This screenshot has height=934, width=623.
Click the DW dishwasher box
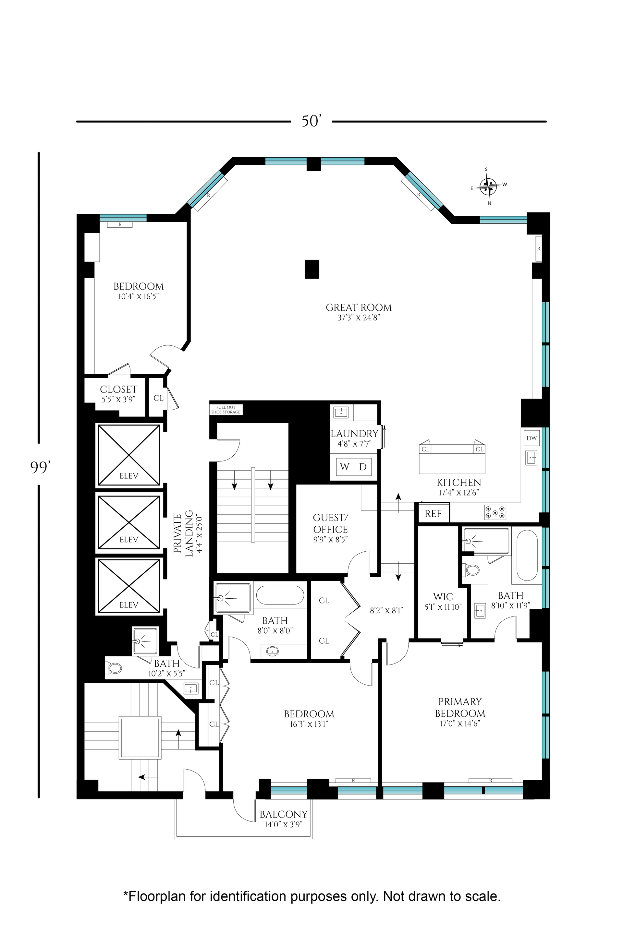coord(531,438)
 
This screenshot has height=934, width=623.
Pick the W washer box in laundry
coord(345,467)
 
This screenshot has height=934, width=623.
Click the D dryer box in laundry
coord(363,467)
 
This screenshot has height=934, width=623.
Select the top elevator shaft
coord(129,455)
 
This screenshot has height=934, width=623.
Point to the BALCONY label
coord(284,814)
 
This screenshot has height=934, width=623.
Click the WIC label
coord(443,597)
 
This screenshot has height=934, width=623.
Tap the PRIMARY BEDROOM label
coord(460,707)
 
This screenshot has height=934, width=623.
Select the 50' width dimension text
coord(311,121)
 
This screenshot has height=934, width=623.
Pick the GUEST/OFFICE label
coord(331,523)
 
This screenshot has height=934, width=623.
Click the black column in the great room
coord(312,269)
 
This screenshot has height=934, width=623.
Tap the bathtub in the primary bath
coord(527,556)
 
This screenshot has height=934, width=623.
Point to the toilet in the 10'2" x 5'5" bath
coord(115,668)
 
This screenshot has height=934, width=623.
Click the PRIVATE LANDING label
coord(183,533)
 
